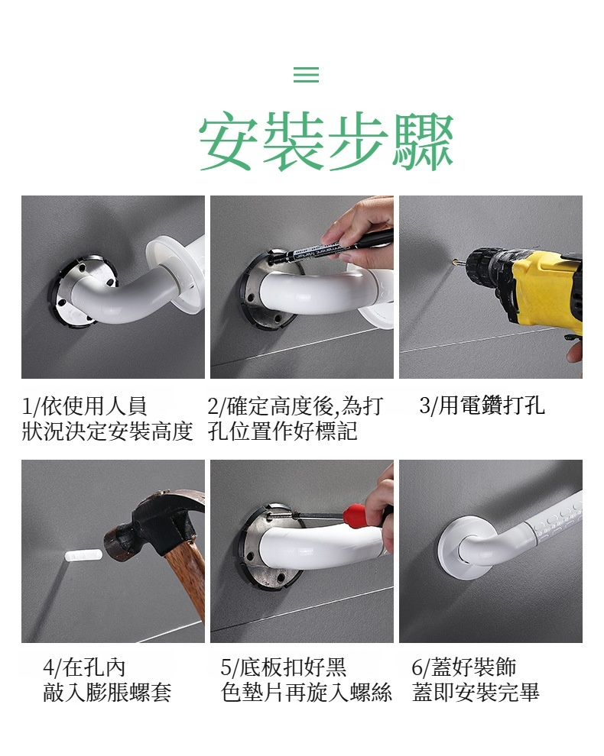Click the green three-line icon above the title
[306, 74]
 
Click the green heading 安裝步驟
[326, 141]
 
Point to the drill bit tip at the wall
[454, 263]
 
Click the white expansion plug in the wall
[83, 555]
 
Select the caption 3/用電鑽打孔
[482, 405]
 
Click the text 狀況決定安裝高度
[108, 431]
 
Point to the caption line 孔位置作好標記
[282, 431]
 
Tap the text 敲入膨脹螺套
[107, 693]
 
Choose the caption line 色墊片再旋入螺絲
[306, 693]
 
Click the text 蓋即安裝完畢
[476, 693]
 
